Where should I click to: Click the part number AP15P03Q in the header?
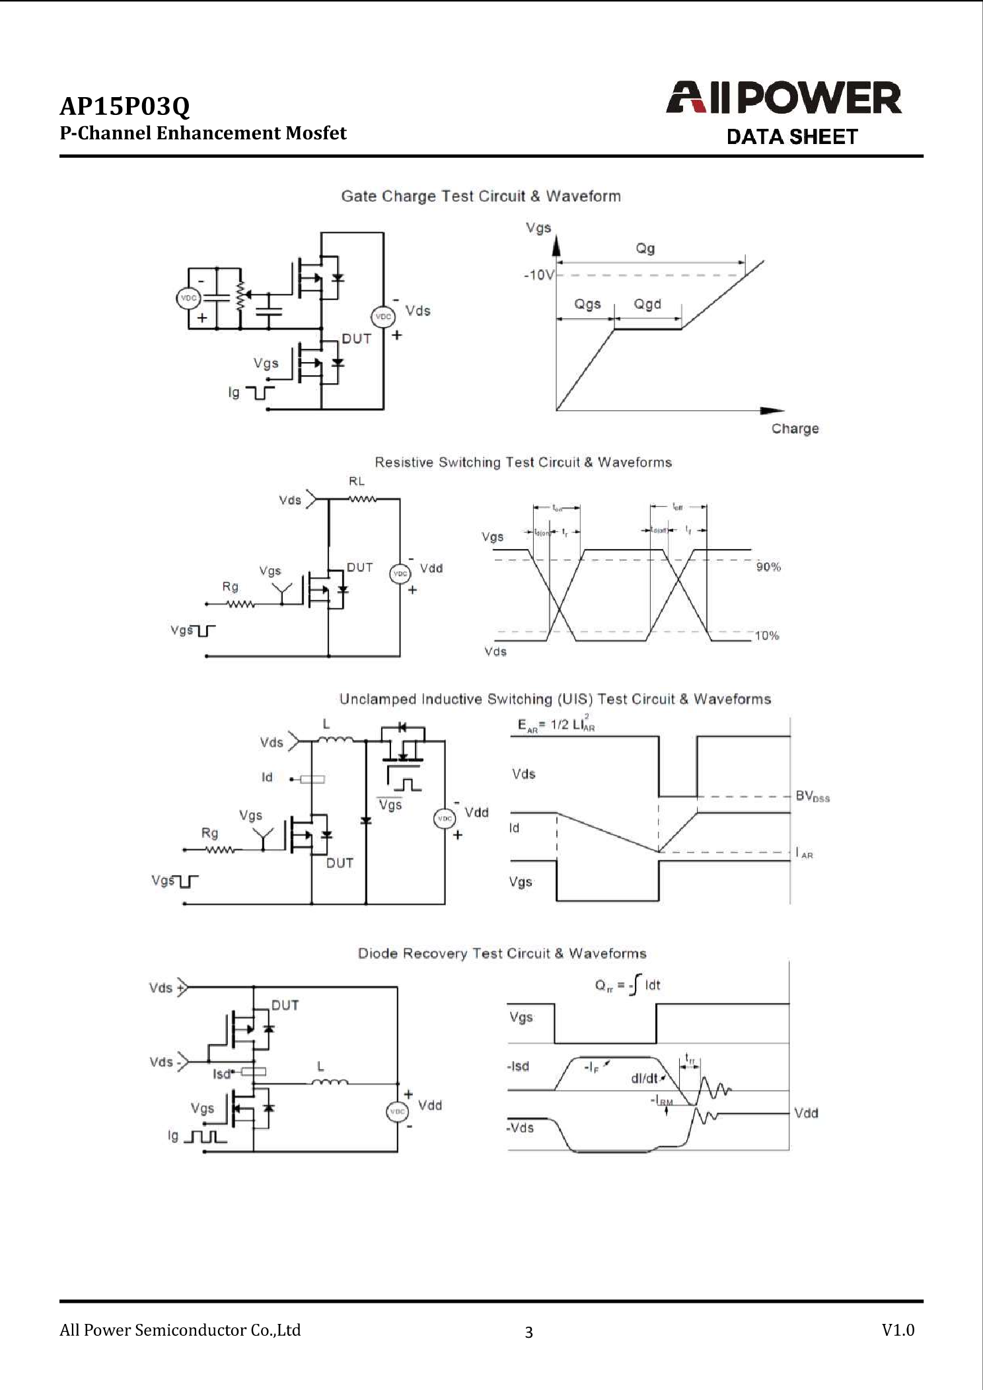(x=125, y=106)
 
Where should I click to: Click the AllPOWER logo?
(x=783, y=98)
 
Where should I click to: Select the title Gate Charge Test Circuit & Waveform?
(x=480, y=196)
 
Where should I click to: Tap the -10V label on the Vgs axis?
(x=538, y=275)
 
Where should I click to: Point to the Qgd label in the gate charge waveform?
(x=647, y=304)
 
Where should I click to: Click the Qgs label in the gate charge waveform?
(x=587, y=304)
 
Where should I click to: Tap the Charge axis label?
(x=795, y=428)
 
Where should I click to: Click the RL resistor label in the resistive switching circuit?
(x=356, y=482)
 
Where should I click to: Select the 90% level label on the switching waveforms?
(x=768, y=567)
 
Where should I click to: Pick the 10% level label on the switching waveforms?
(x=766, y=636)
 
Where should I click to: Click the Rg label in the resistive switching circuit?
(x=230, y=587)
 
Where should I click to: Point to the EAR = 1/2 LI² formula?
(x=556, y=724)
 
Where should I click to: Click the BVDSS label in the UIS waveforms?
(x=812, y=796)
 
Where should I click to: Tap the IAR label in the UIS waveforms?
(x=804, y=854)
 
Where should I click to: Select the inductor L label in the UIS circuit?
(x=326, y=725)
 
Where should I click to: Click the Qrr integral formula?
(x=627, y=985)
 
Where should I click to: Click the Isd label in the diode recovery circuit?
(x=221, y=1074)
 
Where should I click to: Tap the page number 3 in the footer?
(x=528, y=1332)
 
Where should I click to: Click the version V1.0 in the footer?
(x=898, y=1329)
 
